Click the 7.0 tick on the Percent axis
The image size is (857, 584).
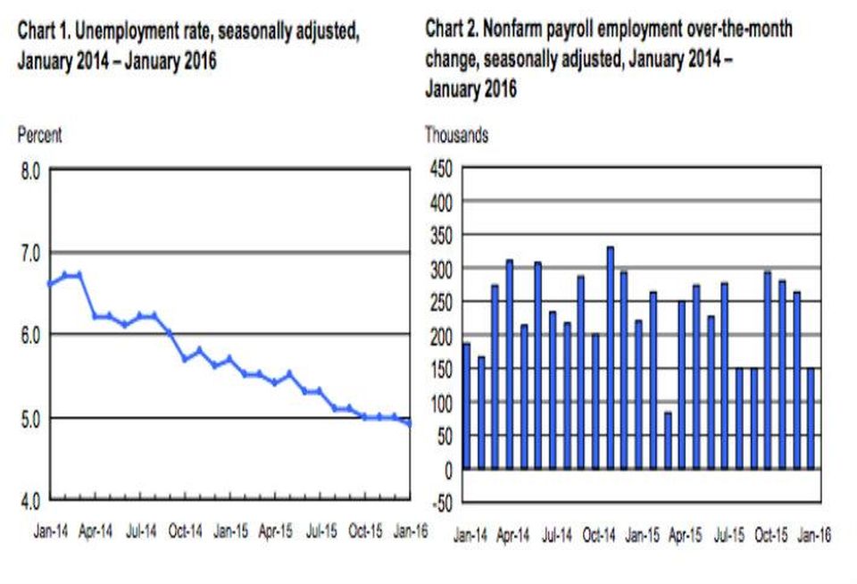(30, 254)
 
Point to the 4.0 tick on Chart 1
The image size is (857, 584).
(30, 501)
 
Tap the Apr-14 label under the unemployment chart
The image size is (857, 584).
(96, 531)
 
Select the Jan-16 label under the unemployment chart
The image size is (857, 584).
(411, 531)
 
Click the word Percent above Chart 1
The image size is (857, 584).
(40, 135)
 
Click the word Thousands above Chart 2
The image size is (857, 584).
(457, 135)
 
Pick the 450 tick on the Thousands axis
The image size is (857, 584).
(441, 169)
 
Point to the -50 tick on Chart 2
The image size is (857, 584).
(443, 503)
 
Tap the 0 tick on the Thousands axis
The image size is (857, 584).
(449, 471)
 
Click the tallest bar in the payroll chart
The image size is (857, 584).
(611, 358)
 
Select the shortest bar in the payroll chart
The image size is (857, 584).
(668, 441)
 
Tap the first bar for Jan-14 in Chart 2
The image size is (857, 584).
(466, 406)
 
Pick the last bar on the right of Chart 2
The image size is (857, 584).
(811, 419)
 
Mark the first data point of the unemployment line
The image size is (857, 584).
(50, 283)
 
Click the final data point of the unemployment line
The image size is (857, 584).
(410, 423)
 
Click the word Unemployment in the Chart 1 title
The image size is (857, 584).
(143, 32)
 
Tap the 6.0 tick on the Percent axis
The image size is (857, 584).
(30, 335)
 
